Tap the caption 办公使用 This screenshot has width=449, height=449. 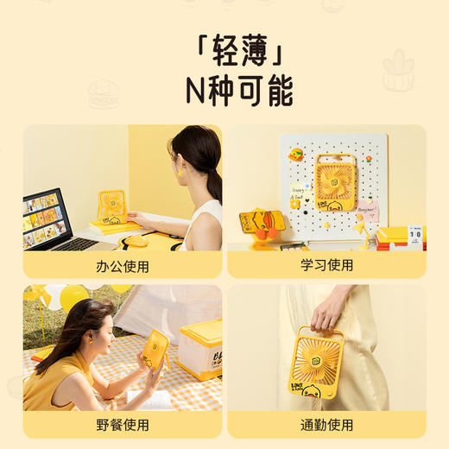[x=122, y=265]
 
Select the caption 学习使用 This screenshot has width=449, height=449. [x=326, y=265]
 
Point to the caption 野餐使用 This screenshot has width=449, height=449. [x=122, y=425]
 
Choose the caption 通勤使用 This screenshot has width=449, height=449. [x=326, y=425]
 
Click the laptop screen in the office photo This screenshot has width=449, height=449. [x=44, y=215]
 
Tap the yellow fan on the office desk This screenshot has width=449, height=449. [x=112, y=206]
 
